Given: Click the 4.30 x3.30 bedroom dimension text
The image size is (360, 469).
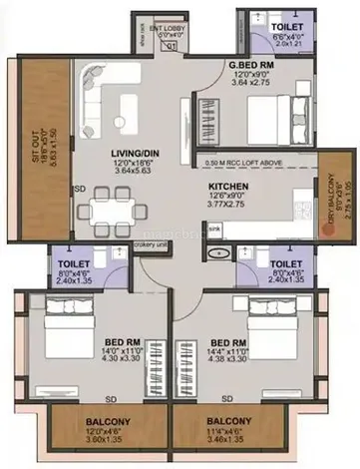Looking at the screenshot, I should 121,358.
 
